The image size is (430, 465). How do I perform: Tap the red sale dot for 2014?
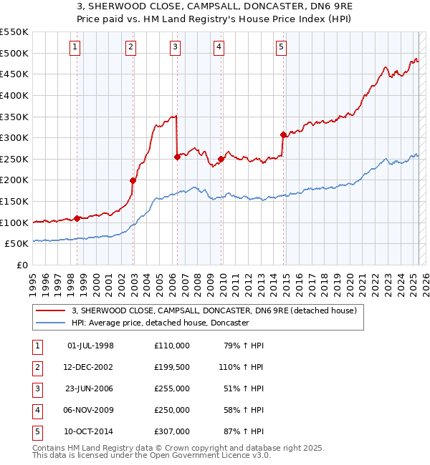pyautogui.click(x=283, y=134)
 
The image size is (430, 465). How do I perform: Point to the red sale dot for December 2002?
pyautogui.click(x=133, y=180)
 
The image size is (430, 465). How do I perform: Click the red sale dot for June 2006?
pyautogui.click(x=177, y=157)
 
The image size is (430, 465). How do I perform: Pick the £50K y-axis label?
pyautogui.click(x=17, y=244)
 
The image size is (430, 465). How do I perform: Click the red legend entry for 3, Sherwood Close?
pyautogui.click(x=209, y=310)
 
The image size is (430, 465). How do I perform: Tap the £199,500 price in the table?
pyautogui.click(x=171, y=367)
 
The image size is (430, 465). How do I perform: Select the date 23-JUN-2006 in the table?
pyautogui.click(x=90, y=388)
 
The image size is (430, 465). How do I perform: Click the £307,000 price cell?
pyautogui.click(x=171, y=431)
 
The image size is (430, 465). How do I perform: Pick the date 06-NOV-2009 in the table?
pyautogui.click(x=90, y=410)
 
